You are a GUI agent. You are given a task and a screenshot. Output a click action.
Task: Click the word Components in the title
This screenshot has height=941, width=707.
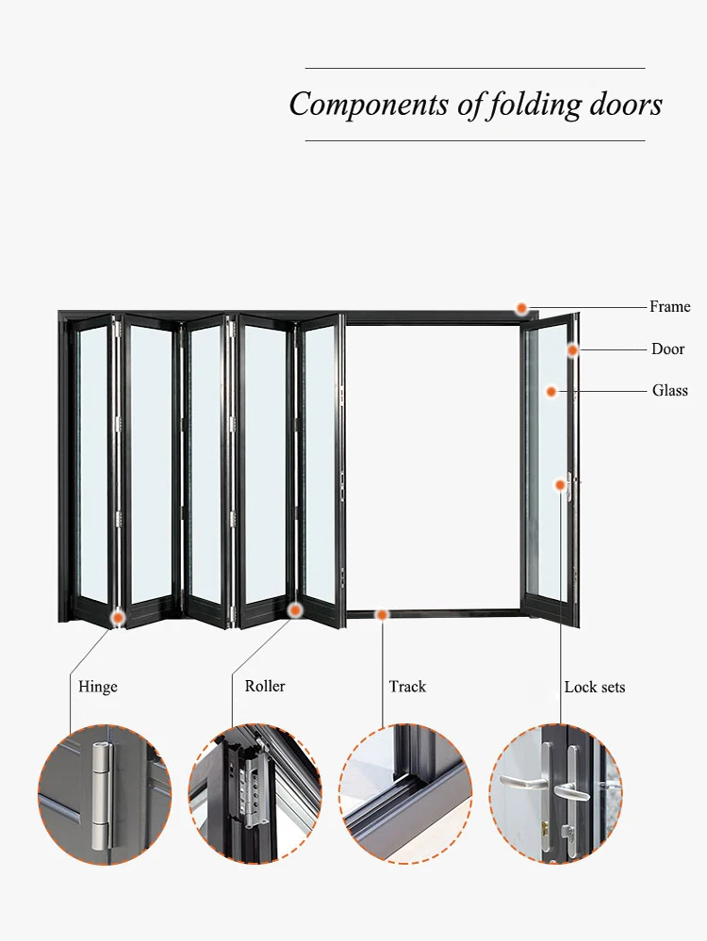[369, 105]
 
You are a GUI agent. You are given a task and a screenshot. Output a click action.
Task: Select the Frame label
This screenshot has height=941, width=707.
[669, 307]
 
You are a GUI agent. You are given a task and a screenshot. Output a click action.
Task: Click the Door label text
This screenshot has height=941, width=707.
[668, 349]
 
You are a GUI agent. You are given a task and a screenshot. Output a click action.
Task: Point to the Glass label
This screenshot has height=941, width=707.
[669, 390]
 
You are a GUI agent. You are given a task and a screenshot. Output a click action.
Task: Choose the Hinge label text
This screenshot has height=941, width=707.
[98, 687]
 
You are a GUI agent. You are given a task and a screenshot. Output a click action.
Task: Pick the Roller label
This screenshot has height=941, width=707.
[265, 686]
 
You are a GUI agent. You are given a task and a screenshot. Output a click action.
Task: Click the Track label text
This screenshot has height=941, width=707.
[407, 686]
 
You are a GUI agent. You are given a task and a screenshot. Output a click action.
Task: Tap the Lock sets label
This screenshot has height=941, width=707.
[595, 687]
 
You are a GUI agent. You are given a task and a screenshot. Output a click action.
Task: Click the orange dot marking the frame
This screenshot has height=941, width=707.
[522, 308]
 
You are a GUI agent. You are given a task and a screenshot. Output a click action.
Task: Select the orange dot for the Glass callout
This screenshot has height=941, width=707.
[551, 392]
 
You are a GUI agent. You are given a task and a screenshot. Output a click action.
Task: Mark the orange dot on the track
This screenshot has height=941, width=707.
[382, 614]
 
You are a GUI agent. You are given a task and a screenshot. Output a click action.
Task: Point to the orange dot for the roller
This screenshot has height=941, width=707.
[295, 610]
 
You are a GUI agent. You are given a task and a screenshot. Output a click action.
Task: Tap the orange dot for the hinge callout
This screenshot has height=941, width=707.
[119, 617]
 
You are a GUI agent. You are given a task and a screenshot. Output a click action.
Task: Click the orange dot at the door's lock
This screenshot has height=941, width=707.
[560, 484]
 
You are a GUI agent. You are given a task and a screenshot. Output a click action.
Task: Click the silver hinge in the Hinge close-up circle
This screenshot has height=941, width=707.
[102, 796]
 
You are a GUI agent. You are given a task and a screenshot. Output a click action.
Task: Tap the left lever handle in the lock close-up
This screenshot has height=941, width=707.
[522, 782]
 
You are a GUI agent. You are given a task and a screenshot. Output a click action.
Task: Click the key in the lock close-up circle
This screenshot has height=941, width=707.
[567, 832]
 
